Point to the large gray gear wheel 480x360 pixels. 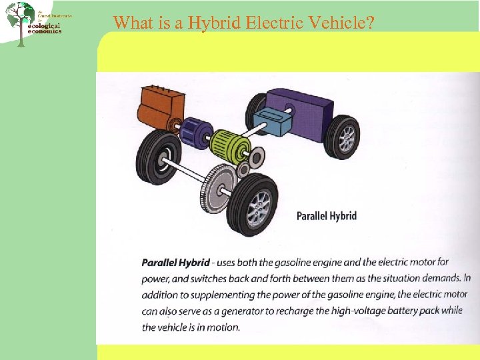point(217,187)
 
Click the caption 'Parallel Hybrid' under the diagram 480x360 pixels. point(326,215)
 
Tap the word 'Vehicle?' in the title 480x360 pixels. point(344,23)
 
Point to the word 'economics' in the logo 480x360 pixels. point(45,31)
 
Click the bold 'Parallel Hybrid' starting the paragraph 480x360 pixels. point(175,263)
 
